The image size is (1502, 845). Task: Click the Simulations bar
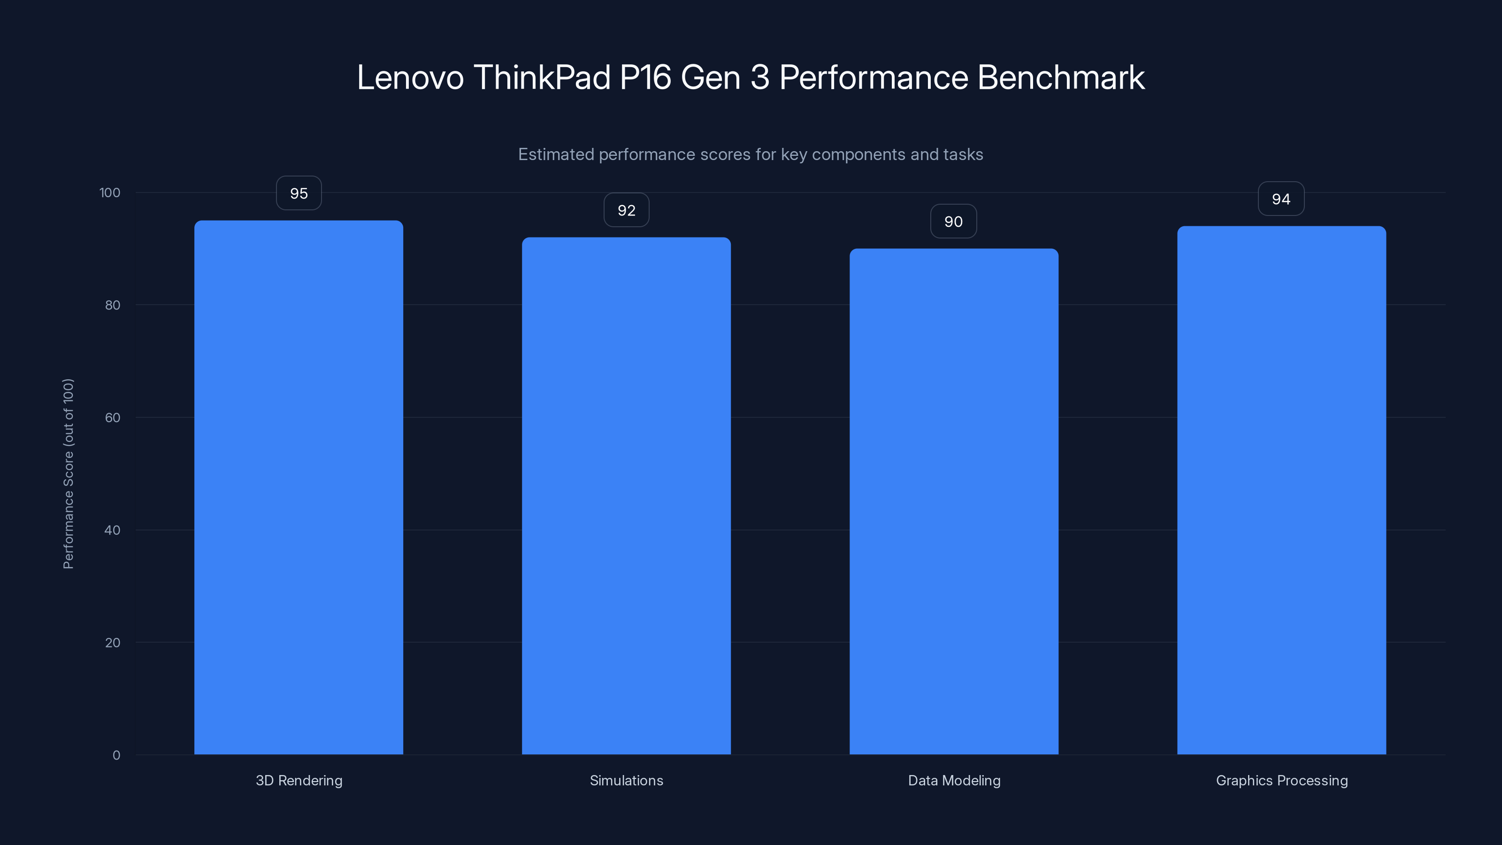pos(626,496)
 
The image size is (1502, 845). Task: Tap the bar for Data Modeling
pos(954,501)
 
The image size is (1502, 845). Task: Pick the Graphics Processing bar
pos(1281,490)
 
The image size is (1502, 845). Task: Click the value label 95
pos(299,193)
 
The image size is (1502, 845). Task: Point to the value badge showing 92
pos(626,210)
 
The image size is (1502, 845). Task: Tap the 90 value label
pos(953,222)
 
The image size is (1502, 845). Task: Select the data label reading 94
pos(1281,199)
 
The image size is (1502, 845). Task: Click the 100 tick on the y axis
pos(110,192)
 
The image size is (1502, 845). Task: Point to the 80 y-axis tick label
pos(113,305)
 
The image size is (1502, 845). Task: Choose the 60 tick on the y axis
pos(113,417)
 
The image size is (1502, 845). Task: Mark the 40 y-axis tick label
pos(113,530)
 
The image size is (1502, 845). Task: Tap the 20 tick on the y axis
pos(113,643)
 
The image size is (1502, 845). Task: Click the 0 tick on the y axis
pos(116,755)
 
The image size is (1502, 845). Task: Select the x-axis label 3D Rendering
pos(299,780)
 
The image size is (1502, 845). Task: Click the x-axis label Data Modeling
pos(954,780)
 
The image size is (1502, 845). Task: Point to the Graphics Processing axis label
pos(1281,780)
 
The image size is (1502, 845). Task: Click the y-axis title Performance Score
pos(68,474)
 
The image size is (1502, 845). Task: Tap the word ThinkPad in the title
pos(542,77)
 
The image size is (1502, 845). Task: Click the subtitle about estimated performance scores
pos(751,154)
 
